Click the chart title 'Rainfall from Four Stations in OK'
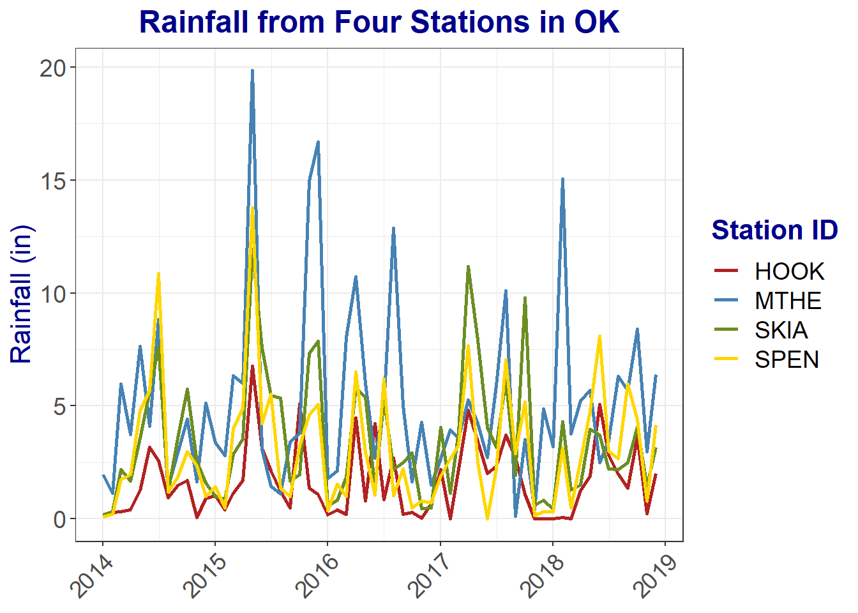(x=379, y=22)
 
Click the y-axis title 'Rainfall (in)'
(x=21, y=294)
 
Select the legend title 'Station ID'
(x=774, y=230)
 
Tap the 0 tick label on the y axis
(x=59, y=519)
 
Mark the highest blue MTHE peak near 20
(x=252, y=71)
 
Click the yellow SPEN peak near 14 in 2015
(x=252, y=208)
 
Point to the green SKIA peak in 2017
(x=468, y=267)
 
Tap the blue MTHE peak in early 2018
(x=562, y=179)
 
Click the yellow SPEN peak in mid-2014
(x=158, y=274)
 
